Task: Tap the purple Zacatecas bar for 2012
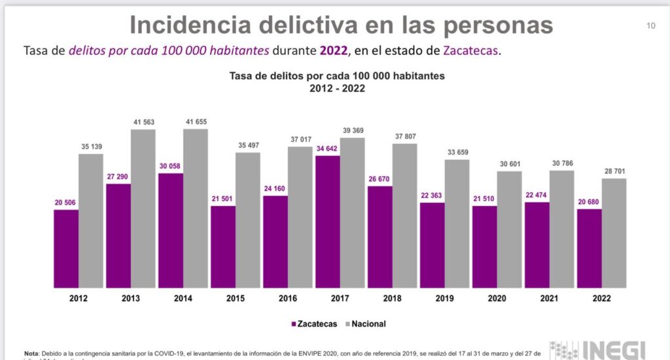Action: [66, 248]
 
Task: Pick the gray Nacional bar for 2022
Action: [614, 233]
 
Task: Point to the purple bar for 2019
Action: [432, 245]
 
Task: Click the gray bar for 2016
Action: [300, 217]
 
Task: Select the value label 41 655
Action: [196, 122]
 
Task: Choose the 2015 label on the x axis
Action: [235, 298]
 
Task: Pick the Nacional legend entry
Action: [366, 323]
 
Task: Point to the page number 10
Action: [650, 26]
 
